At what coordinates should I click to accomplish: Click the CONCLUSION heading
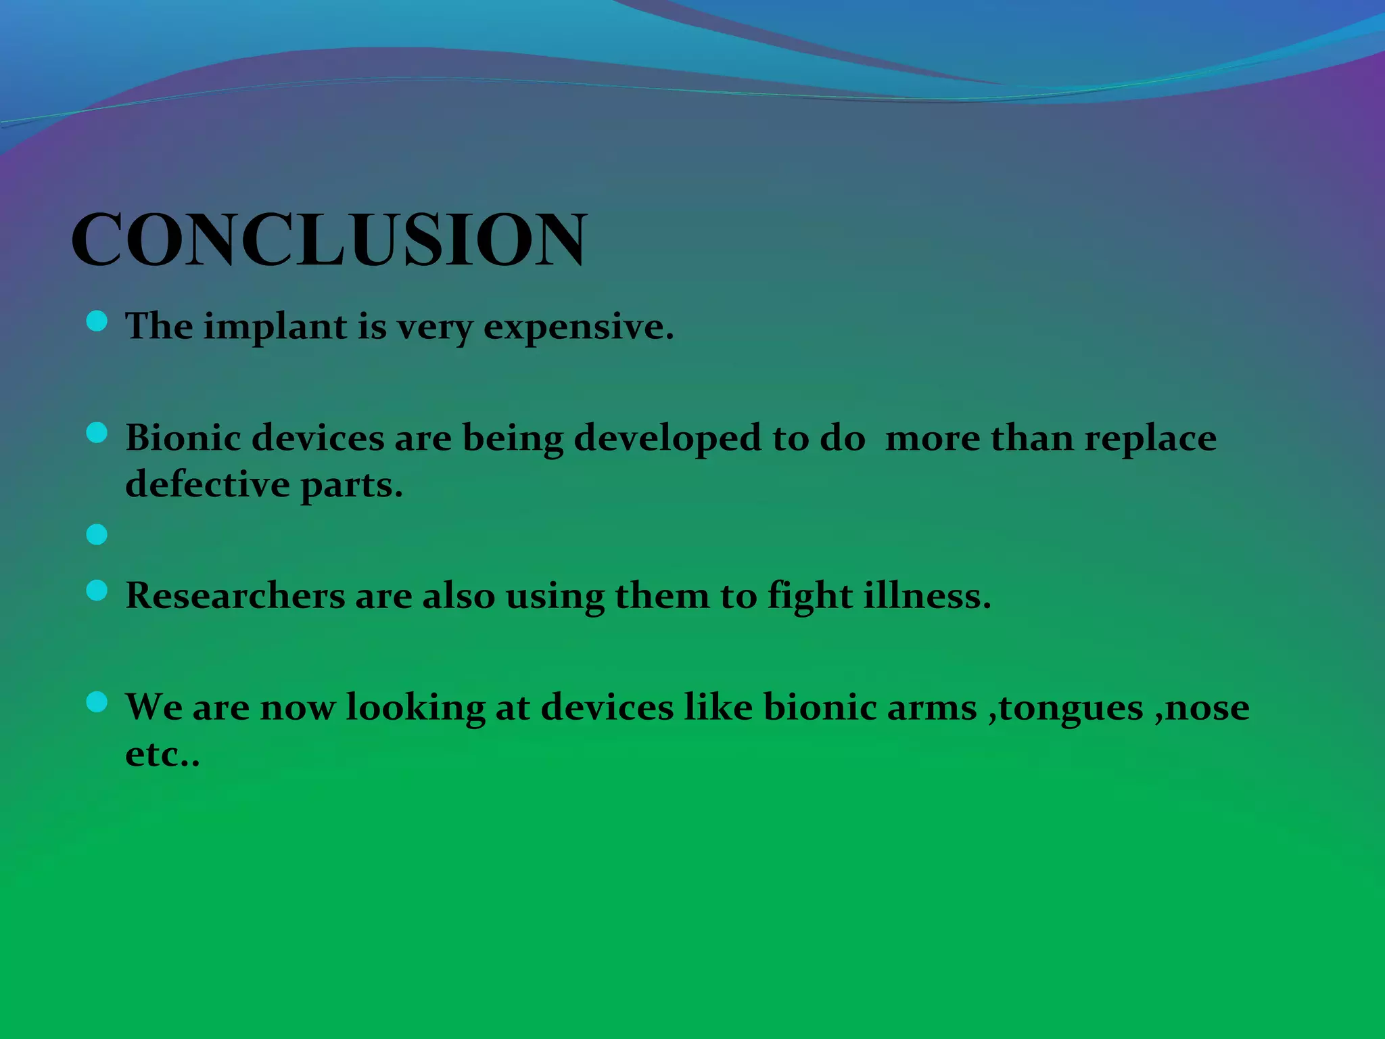329,239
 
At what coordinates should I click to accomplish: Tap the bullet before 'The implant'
97,321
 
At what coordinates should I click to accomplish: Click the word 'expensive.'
579,327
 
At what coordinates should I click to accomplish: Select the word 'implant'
275,327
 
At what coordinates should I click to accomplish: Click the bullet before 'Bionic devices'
97,433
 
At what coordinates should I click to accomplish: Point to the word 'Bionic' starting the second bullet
183,438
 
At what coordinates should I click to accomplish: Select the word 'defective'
208,484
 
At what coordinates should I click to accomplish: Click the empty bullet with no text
97,535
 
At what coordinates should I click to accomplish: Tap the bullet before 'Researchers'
97,591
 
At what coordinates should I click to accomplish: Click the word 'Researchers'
235,596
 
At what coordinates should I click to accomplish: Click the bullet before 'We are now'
97,702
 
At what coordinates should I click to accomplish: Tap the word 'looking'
415,708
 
